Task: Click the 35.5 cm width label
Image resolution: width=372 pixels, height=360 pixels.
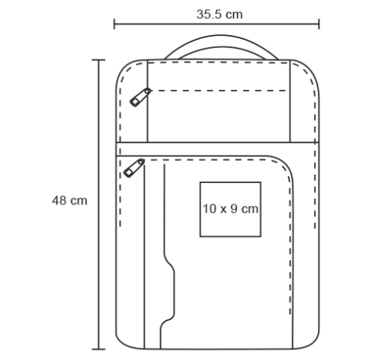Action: click(220, 14)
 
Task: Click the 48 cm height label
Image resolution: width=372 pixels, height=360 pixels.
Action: click(69, 201)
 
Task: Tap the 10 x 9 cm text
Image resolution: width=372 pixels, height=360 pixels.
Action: click(230, 209)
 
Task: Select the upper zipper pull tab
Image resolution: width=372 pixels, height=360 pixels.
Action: click(140, 98)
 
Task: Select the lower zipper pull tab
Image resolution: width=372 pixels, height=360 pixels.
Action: click(134, 168)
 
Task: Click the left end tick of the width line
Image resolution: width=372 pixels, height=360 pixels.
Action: click(114, 24)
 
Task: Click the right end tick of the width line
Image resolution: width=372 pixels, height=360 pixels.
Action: click(319, 24)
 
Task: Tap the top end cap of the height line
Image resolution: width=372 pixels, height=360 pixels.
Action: click(98, 60)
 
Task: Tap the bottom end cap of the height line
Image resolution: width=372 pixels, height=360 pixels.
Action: click(98, 349)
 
